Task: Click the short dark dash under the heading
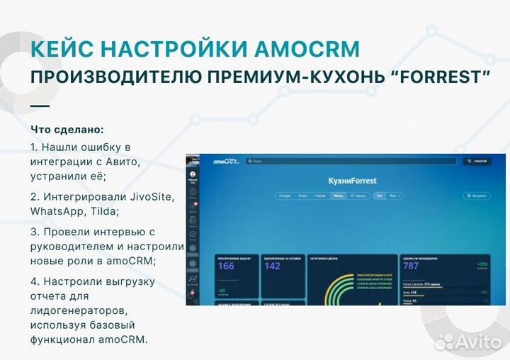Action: point(40,106)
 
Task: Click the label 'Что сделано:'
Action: point(67,130)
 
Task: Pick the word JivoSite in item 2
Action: point(151,196)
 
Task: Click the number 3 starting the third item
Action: point(34,232)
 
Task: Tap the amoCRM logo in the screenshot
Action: point(226,162)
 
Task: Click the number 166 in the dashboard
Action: point(226,266)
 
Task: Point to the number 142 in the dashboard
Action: point(273,266)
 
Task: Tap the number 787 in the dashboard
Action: point(412,266)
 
